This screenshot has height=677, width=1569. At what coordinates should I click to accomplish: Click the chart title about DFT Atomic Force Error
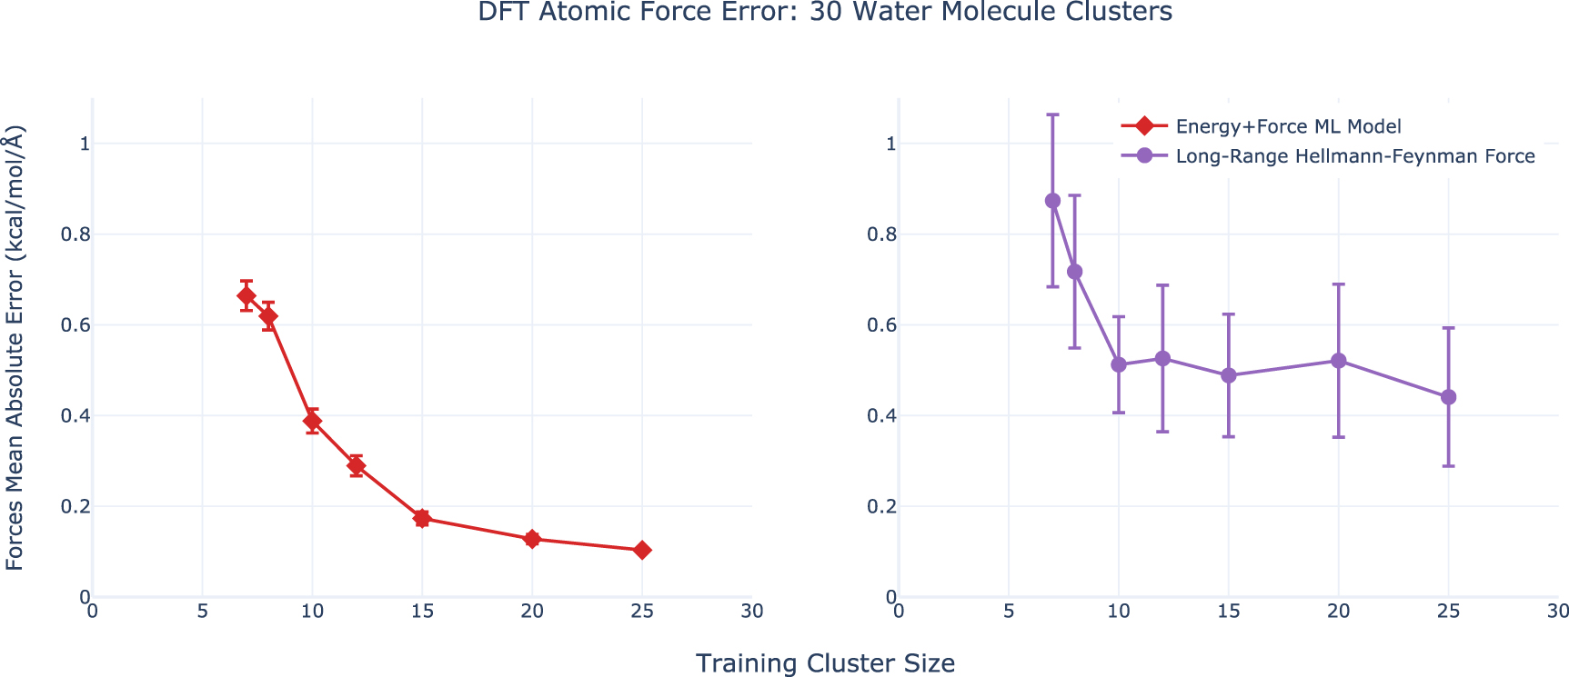click(x=824, y=13)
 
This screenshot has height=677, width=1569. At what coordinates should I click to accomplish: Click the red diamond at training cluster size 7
click(x=246, y=296)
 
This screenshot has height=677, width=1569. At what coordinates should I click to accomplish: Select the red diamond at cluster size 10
click(x=312, y=421)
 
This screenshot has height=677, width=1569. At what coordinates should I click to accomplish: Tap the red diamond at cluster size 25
click(x=642, y=550)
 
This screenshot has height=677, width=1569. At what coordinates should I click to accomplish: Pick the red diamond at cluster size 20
click(x=532, y=539)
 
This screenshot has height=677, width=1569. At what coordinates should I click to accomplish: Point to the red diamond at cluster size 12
click(x=357, y=466)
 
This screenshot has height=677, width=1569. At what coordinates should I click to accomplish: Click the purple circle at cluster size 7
click(x=1052, y=201)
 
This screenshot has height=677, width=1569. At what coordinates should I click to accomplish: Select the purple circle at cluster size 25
click(x=1449, y=397)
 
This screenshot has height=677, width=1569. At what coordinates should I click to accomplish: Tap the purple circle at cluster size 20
click(x=1339, y=361)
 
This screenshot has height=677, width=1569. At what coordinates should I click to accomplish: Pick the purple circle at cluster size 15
click(x=1229, y=375)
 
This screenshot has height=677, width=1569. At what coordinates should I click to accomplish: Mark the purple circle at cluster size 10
click(x=1119, y=364)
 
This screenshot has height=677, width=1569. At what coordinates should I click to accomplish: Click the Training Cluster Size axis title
click(x=824, y=663)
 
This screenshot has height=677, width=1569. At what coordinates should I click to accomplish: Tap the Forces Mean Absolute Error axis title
click(x=15, y=347)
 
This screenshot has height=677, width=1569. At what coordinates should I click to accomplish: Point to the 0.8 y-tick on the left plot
click(x=75, y=234)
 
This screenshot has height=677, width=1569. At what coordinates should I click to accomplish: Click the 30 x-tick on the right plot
click(x=1558, y=612)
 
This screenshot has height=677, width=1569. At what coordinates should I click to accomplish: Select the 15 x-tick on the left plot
click(x=422, y=612)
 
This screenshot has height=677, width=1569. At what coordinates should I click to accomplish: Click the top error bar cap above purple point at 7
click(x=1052, y=114)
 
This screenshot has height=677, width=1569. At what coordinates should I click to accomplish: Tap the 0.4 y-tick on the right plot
click(x=880, y=416)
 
